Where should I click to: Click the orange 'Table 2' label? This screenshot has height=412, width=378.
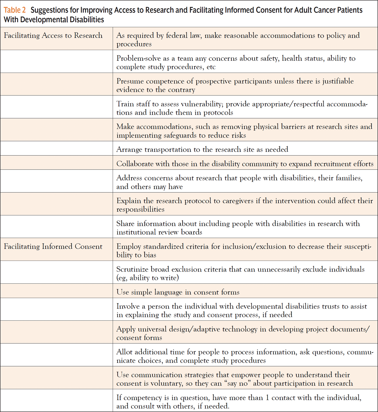[15, 10]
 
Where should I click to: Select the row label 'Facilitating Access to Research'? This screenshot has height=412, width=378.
[53, 35]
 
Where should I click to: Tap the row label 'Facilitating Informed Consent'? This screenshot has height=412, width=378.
[53, 246]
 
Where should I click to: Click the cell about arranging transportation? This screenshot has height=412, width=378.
[202, 149]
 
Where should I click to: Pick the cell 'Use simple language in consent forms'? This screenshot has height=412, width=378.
[178, 292]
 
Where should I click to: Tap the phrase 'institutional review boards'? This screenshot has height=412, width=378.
[159, 232]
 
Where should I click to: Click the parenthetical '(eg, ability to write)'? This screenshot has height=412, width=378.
[147, 278]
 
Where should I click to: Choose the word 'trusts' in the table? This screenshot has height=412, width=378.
[331, 306]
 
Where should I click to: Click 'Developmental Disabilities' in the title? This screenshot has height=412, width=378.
[62, 20]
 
